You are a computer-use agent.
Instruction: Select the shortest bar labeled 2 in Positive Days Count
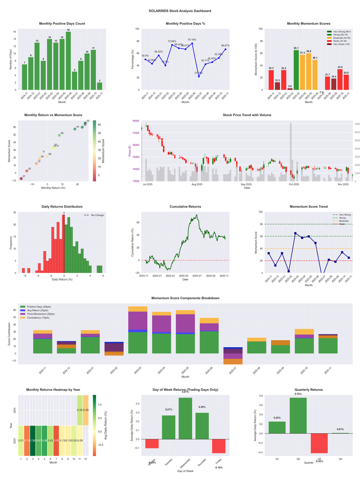coord(99,86)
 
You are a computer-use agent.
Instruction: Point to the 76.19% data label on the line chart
coord(192,40)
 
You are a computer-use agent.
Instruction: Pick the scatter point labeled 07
coord(21,179)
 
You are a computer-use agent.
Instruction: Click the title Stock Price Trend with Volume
coord(247,115)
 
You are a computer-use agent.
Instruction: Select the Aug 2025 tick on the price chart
coord(197,184)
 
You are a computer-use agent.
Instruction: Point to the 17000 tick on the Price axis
coord(135,133)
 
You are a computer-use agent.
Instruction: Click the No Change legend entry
coord(94,215)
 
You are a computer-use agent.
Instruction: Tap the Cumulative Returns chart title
coord(185,207)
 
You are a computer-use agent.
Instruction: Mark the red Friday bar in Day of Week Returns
coord(219,446)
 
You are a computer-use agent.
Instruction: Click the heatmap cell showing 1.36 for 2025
coord(33,440)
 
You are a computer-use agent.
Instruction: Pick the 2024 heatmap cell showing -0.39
coord(85,410)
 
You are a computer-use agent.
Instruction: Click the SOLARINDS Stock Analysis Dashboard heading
coord(180,11)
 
